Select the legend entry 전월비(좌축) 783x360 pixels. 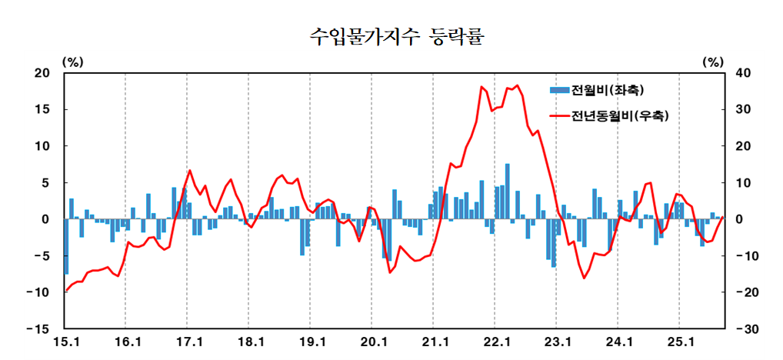[x=608, y=90]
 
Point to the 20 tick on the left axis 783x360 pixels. [x=40, y=73]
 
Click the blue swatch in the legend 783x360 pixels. [x=559, y=90]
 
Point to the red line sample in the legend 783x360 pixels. [x=559, y=117]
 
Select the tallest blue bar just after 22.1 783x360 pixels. [x=508, y=192]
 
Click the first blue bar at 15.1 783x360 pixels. [x=67, y=246]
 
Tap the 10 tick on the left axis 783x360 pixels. [x=40, y=146]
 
